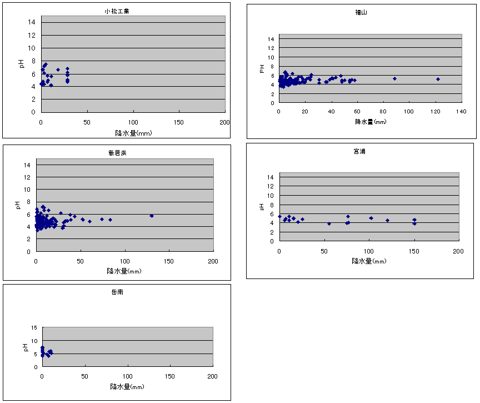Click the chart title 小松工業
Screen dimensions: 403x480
117,11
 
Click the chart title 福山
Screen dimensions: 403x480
362,12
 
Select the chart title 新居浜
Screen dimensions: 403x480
117,152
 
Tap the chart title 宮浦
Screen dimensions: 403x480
360,151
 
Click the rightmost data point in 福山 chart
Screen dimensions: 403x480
438,79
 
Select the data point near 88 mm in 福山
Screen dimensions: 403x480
394,78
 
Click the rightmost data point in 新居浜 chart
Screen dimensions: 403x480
151,216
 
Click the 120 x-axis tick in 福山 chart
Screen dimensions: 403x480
436,112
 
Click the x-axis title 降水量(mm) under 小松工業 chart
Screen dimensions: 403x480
133,133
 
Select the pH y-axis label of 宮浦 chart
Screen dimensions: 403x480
262,207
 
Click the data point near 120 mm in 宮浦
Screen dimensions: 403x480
387,220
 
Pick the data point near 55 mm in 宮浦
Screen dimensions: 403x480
329,223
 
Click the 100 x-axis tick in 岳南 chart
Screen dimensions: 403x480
128,376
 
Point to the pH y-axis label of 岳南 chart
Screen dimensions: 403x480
25,347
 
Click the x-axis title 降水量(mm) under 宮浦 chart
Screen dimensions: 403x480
369,261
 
